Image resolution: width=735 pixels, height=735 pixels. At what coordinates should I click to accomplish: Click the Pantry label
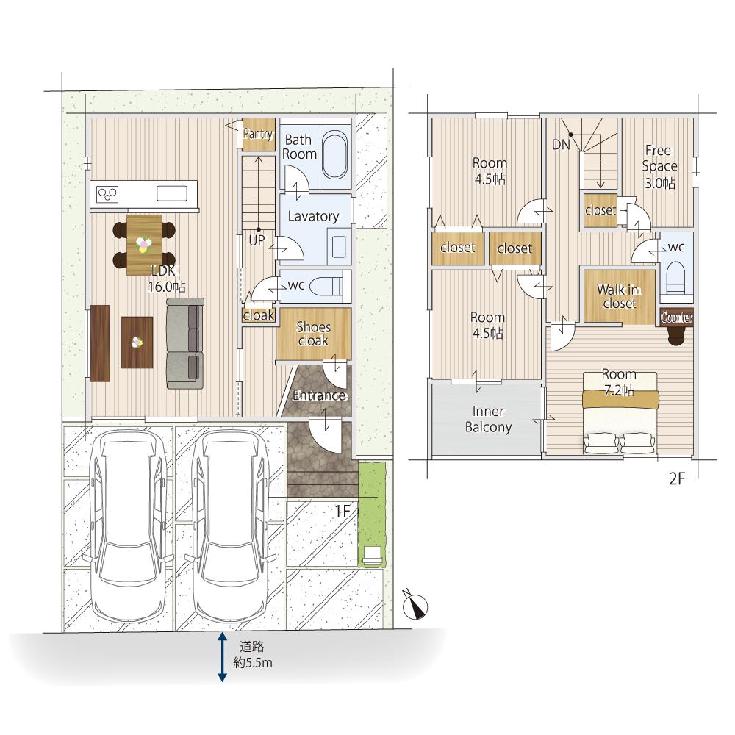pyautogui.click(x=258, y=134)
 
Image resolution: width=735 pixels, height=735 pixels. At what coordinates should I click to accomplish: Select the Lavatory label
pyautogui.click(x=313, y=216)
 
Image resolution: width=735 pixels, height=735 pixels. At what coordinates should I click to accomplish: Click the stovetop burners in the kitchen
pyautogui.click(x=107, y=194)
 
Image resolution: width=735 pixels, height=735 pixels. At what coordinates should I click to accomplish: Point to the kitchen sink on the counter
pyautogui.click(x=172, y=193)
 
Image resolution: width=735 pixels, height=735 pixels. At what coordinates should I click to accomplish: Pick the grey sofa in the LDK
pyautogui.click(x=185, y=343)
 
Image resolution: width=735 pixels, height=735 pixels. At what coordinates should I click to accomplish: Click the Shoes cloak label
pyautogui.click(x=313, y=334)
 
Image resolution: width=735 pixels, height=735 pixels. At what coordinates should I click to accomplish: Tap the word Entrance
pyautogui.click(x=319, y=395)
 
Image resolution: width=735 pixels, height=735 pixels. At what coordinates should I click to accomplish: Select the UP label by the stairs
pyautogui.click(x=257, y=240)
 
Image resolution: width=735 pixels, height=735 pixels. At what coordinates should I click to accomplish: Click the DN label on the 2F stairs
pyautogui.click(x=561, y=145)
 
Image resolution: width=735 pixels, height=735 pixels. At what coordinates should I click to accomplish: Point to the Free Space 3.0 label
pyautogui.click(x=659, y=166)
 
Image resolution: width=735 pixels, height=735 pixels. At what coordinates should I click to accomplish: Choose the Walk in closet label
pyautogui.click(x=618, y=296)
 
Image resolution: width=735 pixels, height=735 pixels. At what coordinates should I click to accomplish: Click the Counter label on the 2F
pyautogui.click(x=676, y=318)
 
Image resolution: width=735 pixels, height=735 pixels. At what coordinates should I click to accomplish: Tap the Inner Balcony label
pyautogui.click(x=488, y=420)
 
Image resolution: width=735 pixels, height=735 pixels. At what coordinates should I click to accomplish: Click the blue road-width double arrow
pyautogui.click(x=222, y=656)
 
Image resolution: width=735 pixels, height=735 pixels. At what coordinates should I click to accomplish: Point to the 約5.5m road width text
pyautogui.click(x=253, y=663)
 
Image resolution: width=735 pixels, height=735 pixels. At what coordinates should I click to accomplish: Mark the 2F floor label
pyautogui.click(x=677, y=478)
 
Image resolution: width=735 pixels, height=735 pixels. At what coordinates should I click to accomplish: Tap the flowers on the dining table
pyautogui.click(x=144, y=244)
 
